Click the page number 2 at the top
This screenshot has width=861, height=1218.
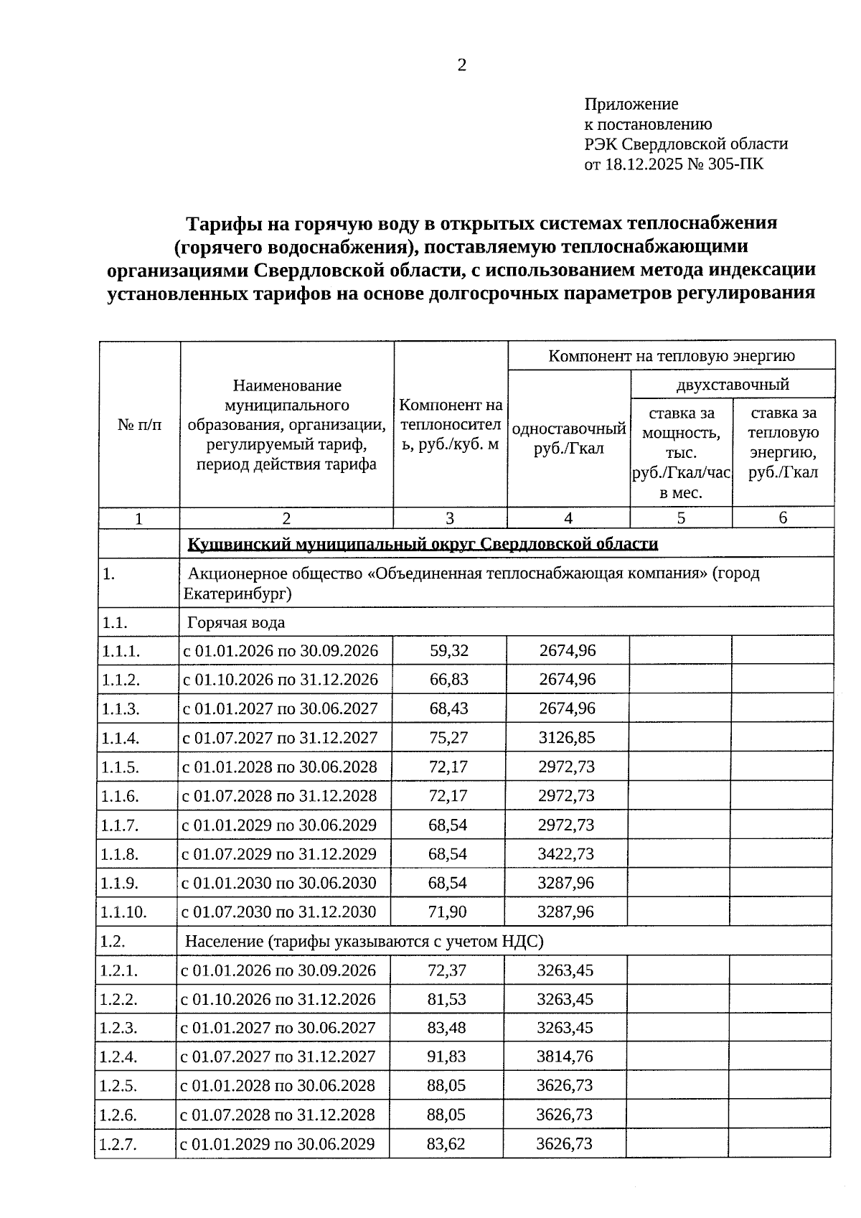tap(461, 65)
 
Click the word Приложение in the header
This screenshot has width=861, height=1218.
tap(631, 104)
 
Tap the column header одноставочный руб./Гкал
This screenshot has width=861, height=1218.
tap(568, 439)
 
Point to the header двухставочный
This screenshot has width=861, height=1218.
tap(732, 384)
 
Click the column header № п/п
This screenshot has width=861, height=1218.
tap(139, 424)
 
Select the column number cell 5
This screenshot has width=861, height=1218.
tap(680, 517)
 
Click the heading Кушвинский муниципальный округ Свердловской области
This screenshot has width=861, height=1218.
tap(423, 543)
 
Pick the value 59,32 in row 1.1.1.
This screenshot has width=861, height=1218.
tap(449, 650)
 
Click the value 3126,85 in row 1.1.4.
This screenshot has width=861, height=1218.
tap(567, 737)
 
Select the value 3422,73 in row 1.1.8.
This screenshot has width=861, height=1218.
tap(566, 853)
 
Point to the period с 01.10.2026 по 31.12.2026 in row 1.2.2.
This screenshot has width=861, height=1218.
tap(278, 999)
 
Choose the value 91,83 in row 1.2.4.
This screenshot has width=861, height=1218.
tap(446, 1057)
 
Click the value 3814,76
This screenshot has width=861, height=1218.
tap(565, 1057)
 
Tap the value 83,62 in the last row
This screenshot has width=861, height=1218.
tap(446, 1143)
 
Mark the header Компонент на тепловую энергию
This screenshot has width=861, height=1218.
tap(672, 355)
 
